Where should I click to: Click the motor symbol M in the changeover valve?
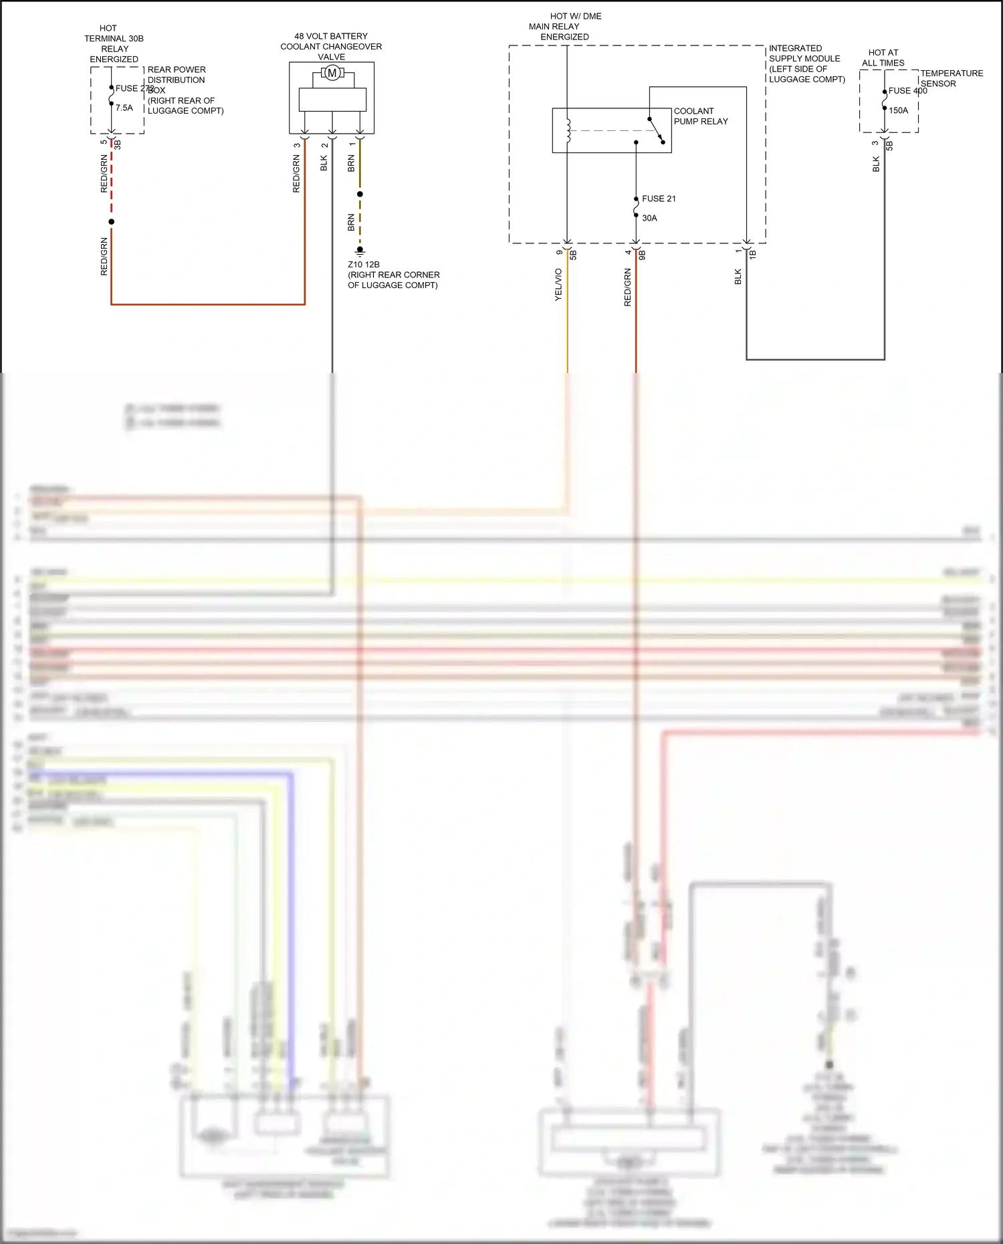(332, 73)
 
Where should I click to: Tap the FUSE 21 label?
(659, 199)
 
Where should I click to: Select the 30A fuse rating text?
(649, 218)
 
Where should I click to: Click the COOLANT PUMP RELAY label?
(700, 116)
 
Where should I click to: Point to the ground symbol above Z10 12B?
(360, 252)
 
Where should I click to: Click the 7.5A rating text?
(124, 108)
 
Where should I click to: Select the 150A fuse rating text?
(898, 110)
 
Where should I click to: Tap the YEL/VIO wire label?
(558, 285)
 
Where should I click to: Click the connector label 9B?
(642, 255)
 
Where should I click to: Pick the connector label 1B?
(752, 254)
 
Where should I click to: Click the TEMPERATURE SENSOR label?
(951, 78)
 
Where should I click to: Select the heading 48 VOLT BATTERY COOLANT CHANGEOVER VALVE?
(331, 46)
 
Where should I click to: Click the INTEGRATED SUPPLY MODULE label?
(806, 64)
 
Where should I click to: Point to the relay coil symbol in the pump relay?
(568, 130)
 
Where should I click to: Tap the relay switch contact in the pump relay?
(656, 130)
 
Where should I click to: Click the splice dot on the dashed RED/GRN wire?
(112, 221)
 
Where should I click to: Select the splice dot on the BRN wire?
(360, 194)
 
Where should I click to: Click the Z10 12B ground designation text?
(364, 264)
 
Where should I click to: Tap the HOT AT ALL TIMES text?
(883, 57)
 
